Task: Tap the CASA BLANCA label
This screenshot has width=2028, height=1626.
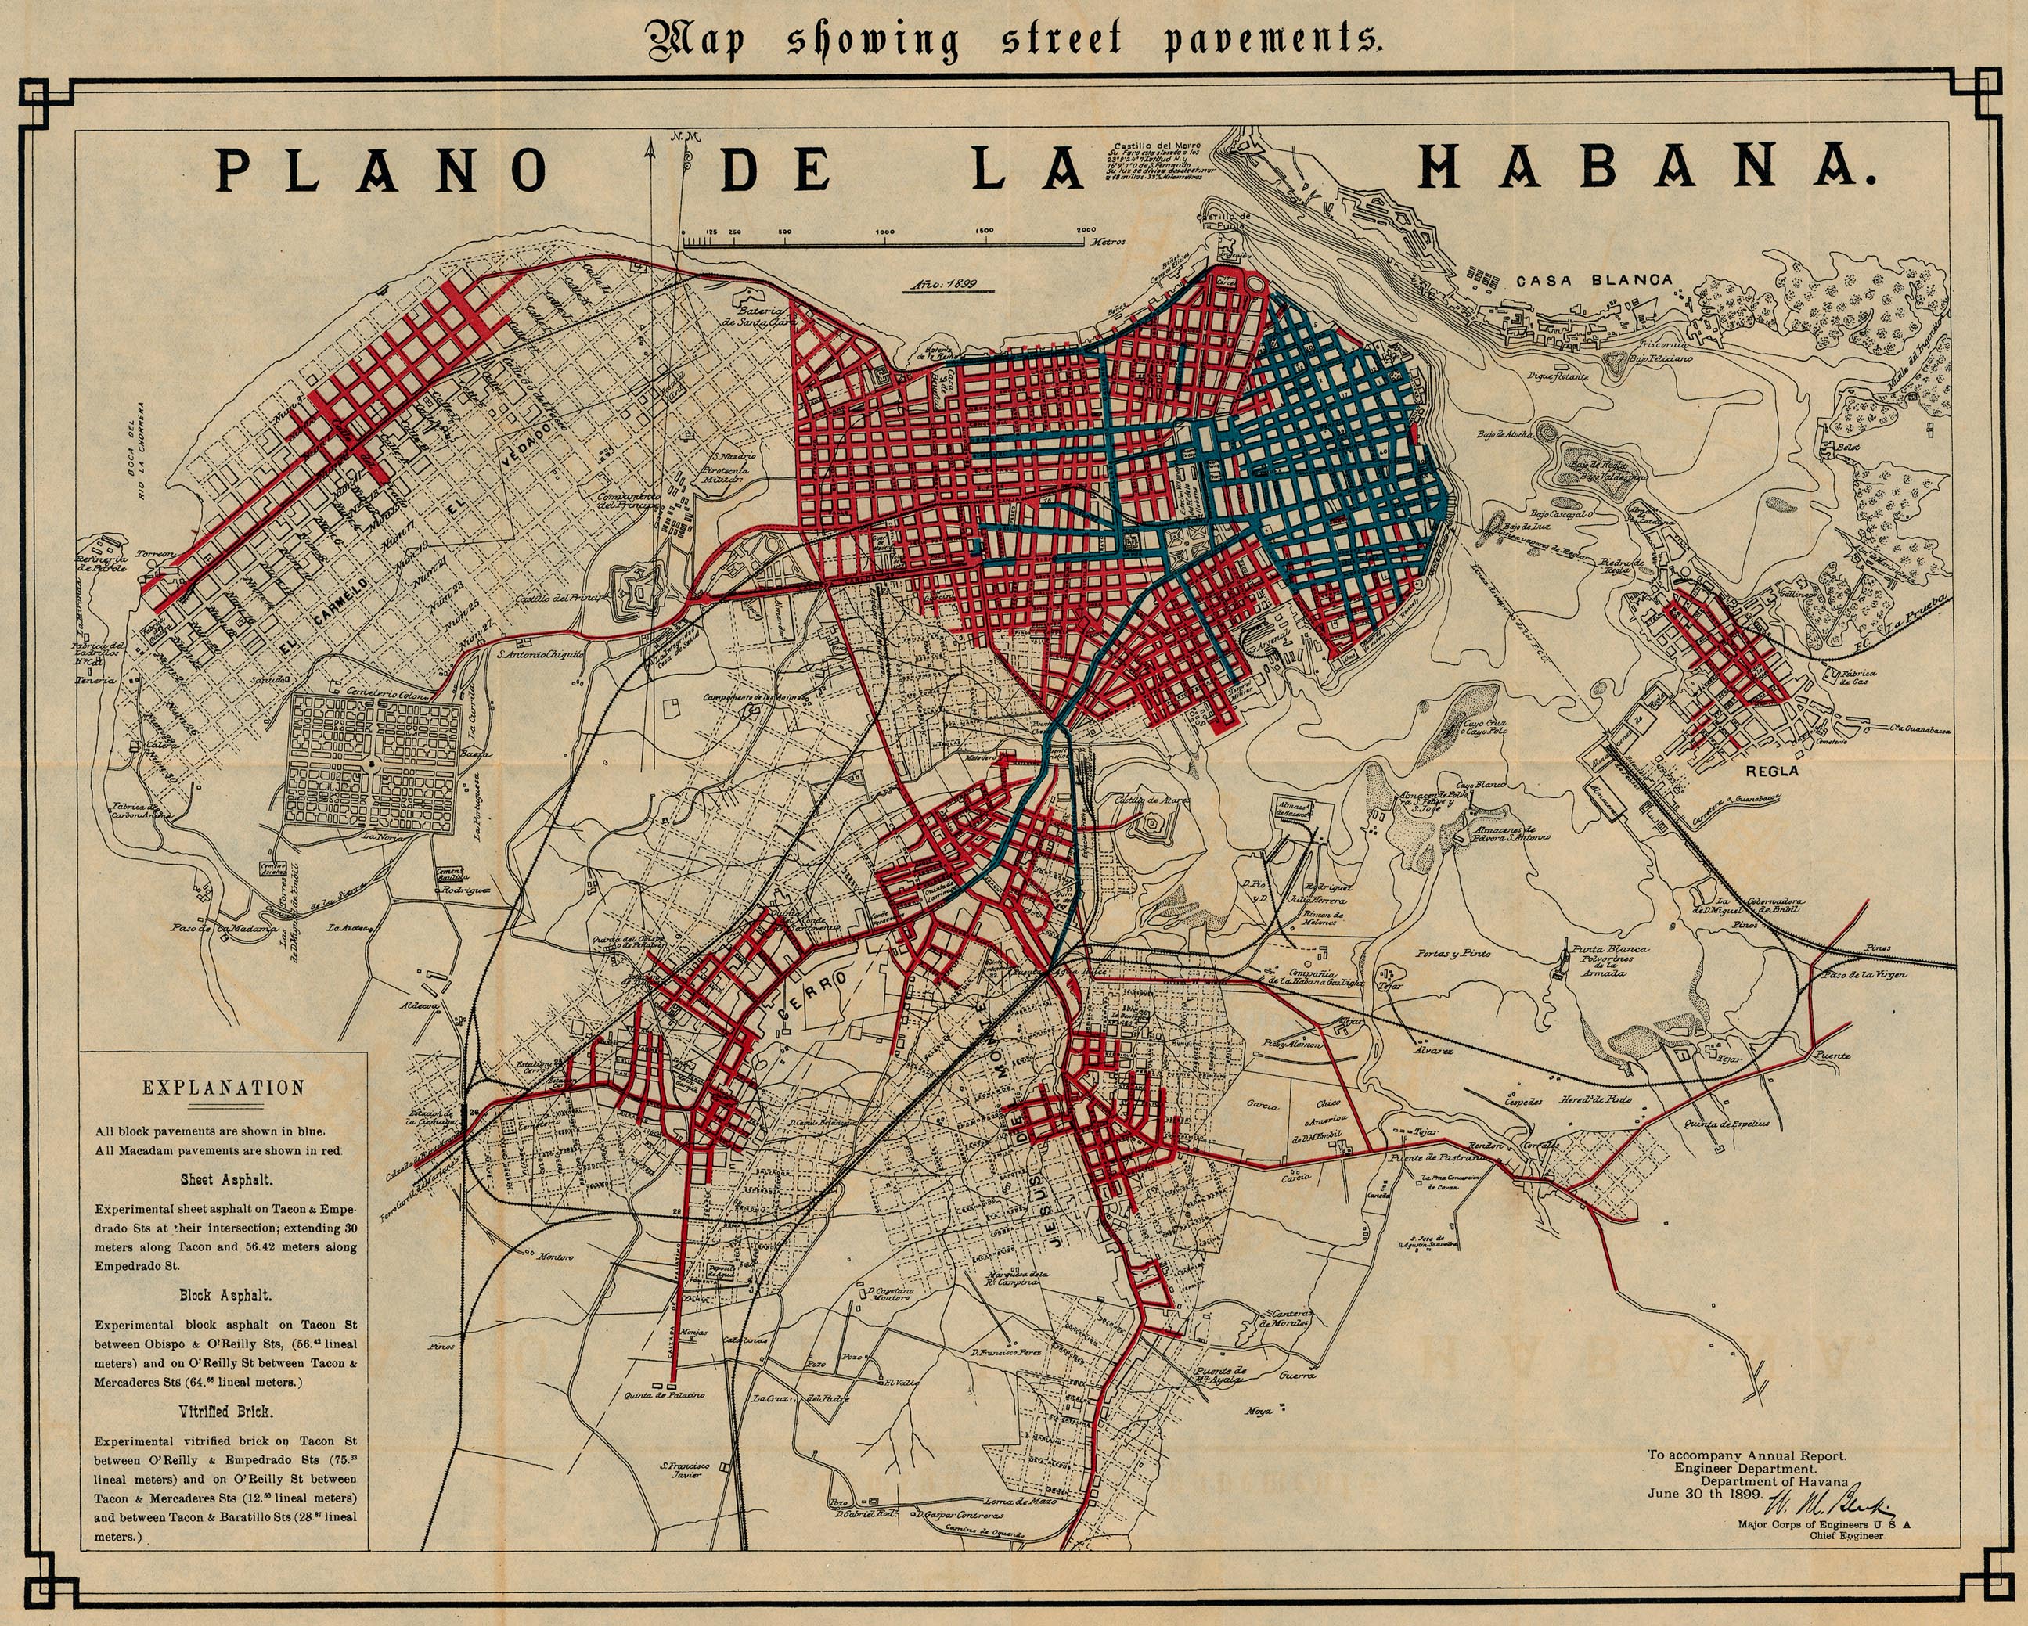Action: [1594, 280]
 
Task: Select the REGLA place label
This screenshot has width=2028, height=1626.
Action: [1771, 770]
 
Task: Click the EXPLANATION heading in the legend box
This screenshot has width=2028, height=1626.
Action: [224, 1088]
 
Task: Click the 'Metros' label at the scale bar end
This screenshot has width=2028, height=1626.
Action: [1109, 242]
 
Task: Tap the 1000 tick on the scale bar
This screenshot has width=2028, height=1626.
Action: [884, 232]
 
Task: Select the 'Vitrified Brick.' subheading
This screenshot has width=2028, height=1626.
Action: [225, 1412]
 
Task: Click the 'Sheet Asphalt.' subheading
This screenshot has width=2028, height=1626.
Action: [225, 1179]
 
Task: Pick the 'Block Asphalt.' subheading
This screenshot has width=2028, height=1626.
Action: [225, 1295]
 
